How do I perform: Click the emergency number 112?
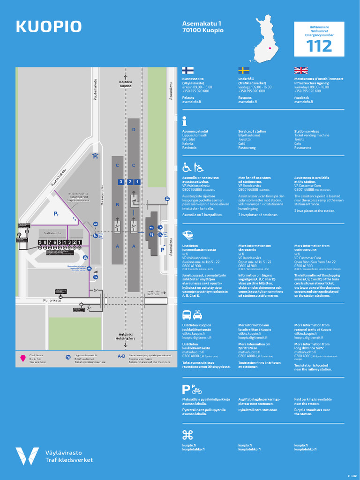pyautogui.click(x=319, y=46)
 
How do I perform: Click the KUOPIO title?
pyautogui.click(x=49, y=27)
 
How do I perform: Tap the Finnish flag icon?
pyautogui.click(x=187, y=70)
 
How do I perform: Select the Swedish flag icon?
pyautogui.click(x=244, y=70)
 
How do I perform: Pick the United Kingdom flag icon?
pyautogui.click(x=300, y=70)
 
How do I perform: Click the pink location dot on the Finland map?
pyautogui.click(x=270, y=48)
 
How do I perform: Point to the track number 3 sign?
pyautogui.click(x=121, y=182)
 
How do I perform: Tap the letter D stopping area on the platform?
pyautogui.click(x=134, y=129)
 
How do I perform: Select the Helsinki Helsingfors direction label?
pyautogui.click(x=125, y=336)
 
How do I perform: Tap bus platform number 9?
pyautogui.click(x=40, y=242)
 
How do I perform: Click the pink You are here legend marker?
pyautogui.click(x=22, y=359)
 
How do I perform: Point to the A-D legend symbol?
pyautogui.click(x=121, y=356)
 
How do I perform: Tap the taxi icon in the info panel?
pyautogui.click(x=197, y=315)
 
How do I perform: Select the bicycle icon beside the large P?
pyautogui.click(x=197, y=390)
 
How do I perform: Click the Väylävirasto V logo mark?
pyautogui.click(x=27, y=456)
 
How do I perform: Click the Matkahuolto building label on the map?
pyautogui.click(x=52, y=232)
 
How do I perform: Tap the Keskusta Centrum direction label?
pyautogui.click(x=154, y=292)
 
